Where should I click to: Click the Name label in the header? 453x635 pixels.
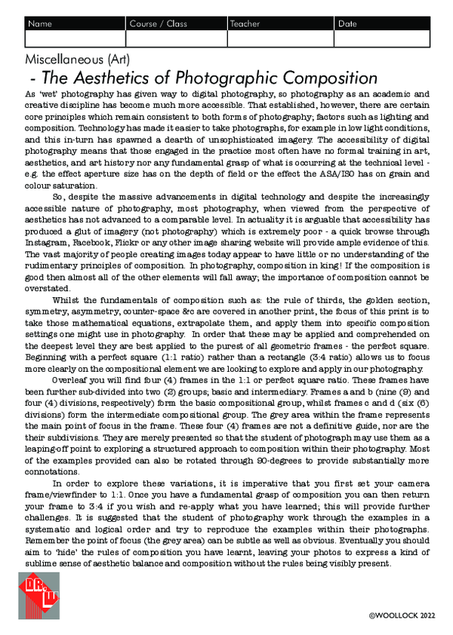tap(40, 24)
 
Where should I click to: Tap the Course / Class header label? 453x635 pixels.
tap(158, 24)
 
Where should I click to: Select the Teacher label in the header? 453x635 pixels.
tap(245, 24)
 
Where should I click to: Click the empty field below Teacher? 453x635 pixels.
tap(280, 38)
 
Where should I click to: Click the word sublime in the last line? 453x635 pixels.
tap(43, 564)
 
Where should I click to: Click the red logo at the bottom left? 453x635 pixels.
tap(39, 595)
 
